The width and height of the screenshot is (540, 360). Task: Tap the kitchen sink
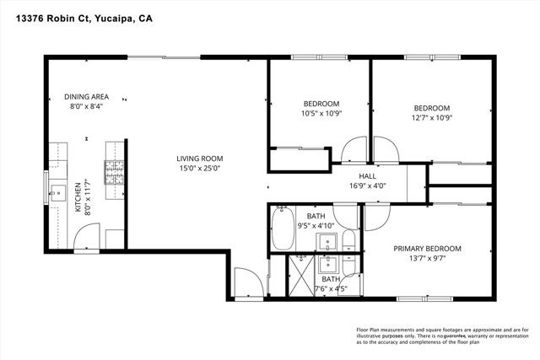(x=57, y=194)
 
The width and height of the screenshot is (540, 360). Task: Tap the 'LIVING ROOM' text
(x=198, y=159)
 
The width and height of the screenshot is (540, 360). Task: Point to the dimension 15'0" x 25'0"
(x=198, y=168)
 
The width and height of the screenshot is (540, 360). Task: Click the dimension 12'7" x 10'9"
(x=431, y=118)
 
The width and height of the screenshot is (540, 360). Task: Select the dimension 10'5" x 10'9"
(x=321, y=114)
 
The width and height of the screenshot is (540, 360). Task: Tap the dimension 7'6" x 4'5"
(x=330, y=288)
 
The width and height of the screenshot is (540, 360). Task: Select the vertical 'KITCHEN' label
(x=79, y=196)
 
